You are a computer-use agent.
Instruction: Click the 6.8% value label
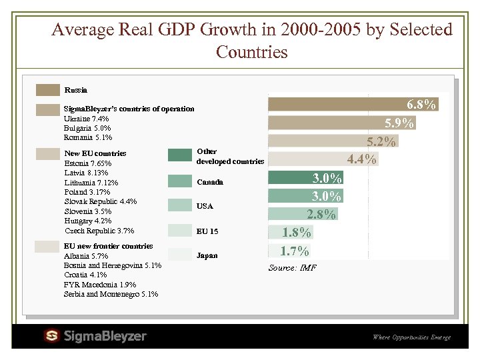coord(421,105)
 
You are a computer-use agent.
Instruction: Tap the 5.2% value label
coord(381,141)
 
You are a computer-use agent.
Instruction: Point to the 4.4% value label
coord(362,159)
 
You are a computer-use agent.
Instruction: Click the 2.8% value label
coord(321,214)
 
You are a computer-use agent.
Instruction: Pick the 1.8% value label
coord(296,233)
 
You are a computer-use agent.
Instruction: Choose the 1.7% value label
coord(294,251)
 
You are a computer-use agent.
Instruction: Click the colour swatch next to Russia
coord(48,90)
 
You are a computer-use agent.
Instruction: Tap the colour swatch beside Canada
coord(179,181)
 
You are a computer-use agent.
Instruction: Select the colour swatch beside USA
coord(179,206)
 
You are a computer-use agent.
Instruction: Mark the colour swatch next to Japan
coord(179,255)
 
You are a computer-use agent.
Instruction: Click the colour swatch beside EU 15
coord(179,231)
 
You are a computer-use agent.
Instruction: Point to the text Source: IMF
coord(292,268)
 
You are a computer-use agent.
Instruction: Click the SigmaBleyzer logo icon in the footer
coord(52,335)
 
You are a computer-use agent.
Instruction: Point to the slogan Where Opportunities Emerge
coord(411,337)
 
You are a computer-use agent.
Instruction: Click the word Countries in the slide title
coord(252,52)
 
